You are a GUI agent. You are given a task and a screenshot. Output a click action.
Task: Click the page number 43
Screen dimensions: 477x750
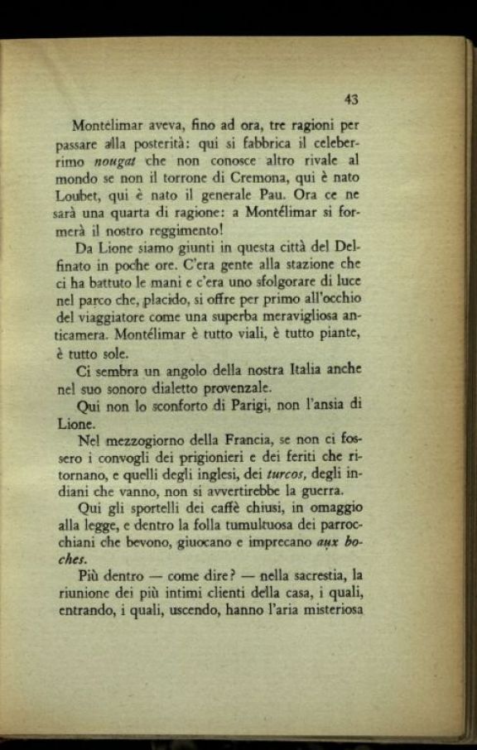pyautogui.click(x=350, y=99)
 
